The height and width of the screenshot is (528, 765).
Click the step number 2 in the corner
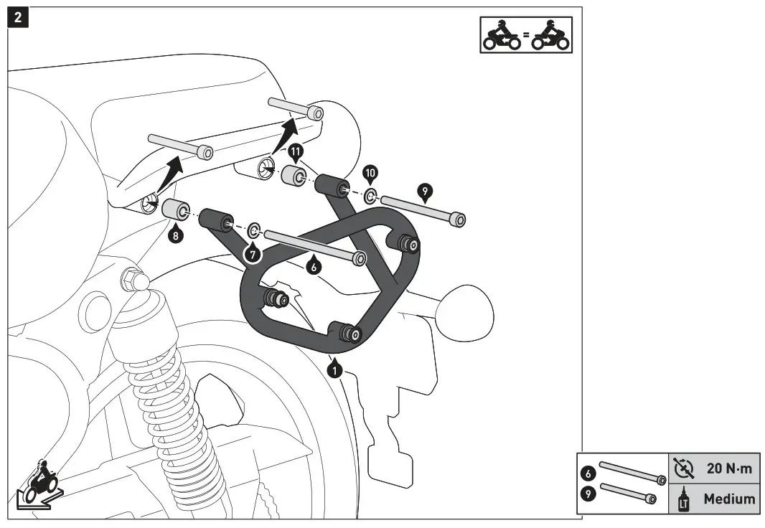(x=17, y=16)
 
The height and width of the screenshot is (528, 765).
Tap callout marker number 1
(x=334, y=370)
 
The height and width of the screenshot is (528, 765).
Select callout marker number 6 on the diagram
(x=313, y=265)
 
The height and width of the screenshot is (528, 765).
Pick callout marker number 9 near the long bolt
(x=425, y=191)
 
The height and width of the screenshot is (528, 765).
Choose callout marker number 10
(x=370, y=173)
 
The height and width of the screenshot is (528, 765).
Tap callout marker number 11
(x=295, y=152)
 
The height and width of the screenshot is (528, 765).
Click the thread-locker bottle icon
(x=682, y=499)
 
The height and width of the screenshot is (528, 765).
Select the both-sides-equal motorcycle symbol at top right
(x=525, y=35)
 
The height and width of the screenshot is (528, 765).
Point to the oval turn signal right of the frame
(x=466, y=305)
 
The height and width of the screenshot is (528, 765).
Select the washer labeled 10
(x=370, y=196)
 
